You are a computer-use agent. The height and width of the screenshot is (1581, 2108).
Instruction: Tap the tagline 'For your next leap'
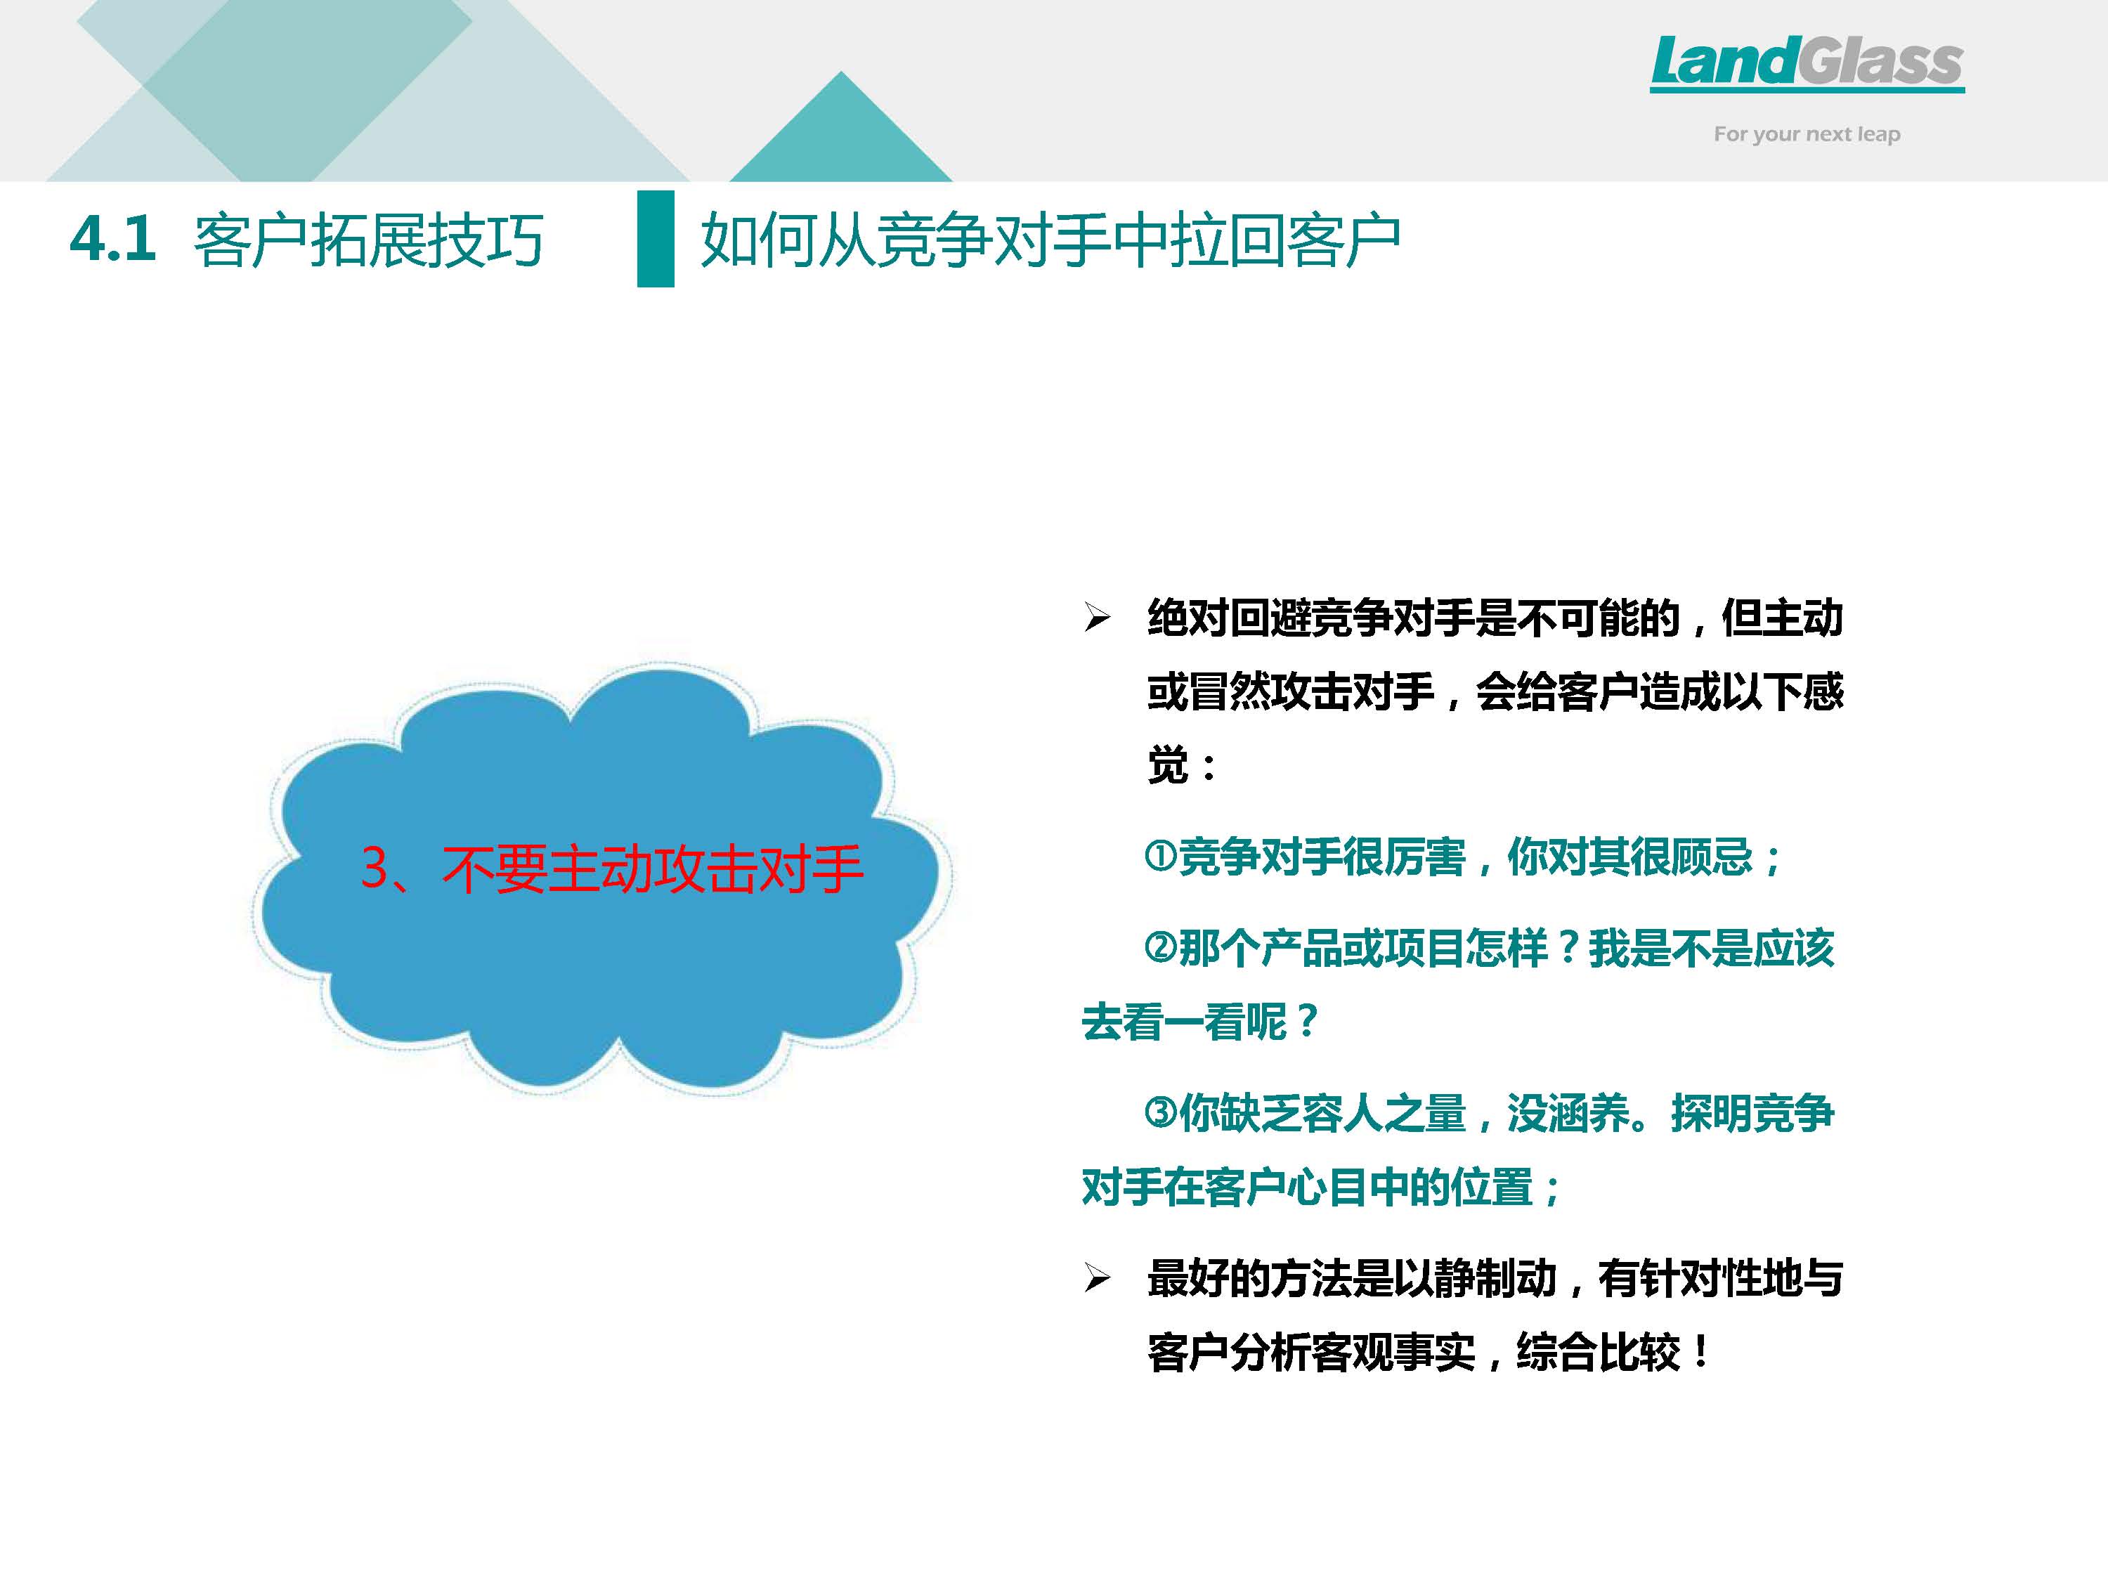tap(1807, 134)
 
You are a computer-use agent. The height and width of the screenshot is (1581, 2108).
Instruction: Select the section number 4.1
tap(112, 238)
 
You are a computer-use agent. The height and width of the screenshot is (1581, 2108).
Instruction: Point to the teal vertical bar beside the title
tap(656, 238)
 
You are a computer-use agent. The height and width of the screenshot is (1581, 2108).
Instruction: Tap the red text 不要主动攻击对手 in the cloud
tap(653, 868)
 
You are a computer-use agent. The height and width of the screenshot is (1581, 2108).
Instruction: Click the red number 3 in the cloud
tap(375, 868)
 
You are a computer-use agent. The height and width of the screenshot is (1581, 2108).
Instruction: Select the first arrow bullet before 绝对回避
tap(1097, 618)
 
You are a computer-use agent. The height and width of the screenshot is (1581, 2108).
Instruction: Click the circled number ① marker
tap(1160, 855)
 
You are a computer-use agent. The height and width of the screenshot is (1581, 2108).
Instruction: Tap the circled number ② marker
tap(1160, 946)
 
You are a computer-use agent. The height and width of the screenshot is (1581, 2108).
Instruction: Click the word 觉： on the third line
tap(1182, 765)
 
